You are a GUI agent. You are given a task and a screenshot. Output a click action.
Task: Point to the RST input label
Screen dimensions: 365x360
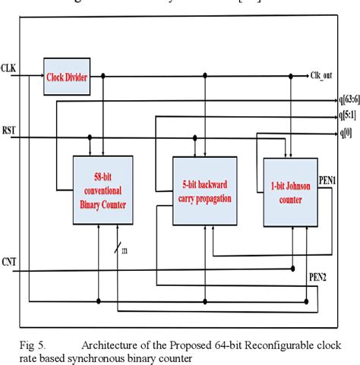pyautogui.click(x=9, y=131)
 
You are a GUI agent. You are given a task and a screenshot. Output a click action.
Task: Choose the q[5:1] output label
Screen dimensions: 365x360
pyautogui.click(x=348, y=116)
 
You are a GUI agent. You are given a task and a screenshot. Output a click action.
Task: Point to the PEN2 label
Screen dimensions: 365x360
pyautogui.click(x=317, y=278)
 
